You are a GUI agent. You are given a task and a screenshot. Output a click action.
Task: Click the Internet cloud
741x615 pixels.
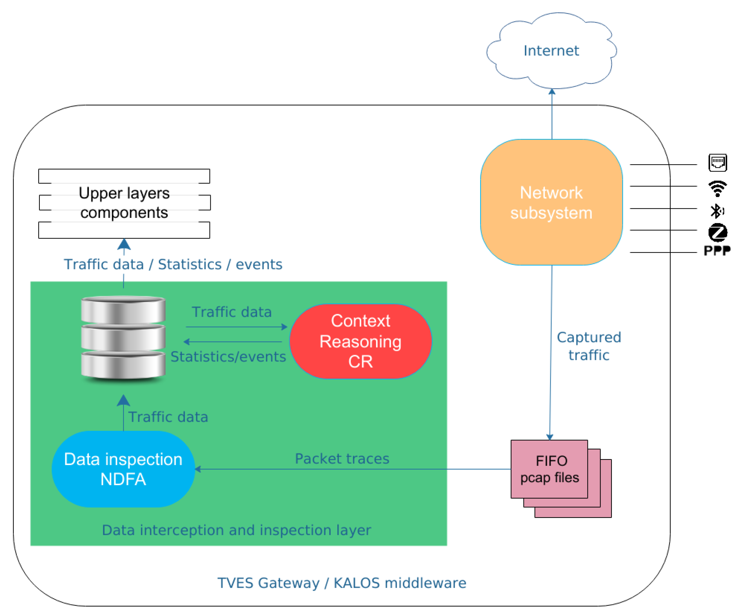551,51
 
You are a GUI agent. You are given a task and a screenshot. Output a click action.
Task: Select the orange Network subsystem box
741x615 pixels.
551,202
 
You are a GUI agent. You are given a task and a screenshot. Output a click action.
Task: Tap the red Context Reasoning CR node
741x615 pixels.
360,341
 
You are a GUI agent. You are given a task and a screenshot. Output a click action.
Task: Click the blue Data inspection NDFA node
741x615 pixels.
123,469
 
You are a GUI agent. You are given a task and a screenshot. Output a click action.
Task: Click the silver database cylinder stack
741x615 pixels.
123,338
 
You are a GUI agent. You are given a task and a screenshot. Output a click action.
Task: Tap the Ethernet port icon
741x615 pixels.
717,163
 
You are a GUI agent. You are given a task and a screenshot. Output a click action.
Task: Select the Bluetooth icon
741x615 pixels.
717,211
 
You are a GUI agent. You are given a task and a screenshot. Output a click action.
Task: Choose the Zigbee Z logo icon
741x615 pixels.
718,232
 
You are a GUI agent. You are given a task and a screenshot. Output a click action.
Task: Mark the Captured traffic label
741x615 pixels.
588,346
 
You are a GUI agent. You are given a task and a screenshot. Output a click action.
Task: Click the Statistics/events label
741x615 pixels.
228,357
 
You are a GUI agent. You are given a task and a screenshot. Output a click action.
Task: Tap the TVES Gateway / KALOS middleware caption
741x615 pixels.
341,583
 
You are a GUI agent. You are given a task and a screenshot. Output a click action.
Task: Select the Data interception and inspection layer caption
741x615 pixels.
236,530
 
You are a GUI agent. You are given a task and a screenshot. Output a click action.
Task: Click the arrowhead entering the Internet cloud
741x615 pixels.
552,91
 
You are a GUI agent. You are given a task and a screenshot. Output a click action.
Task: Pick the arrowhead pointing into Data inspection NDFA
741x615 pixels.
198,469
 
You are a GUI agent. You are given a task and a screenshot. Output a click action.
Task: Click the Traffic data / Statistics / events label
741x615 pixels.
173,264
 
